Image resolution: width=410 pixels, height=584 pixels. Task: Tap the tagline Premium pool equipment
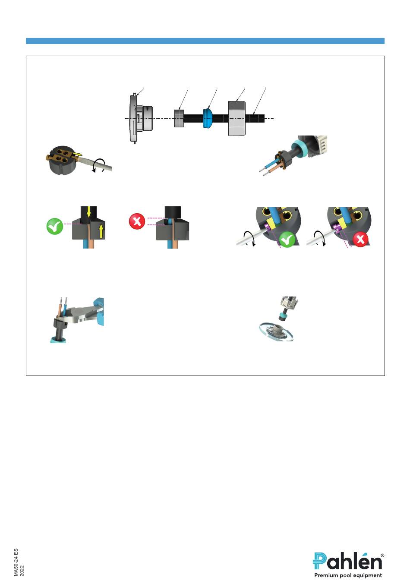348,575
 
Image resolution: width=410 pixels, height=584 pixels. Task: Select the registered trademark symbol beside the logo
382,556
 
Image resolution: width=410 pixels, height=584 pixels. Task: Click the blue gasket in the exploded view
207,118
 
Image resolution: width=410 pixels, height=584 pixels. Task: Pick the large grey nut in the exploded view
237,118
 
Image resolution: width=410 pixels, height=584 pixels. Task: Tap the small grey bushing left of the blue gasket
179,118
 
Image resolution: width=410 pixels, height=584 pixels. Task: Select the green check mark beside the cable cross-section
55,226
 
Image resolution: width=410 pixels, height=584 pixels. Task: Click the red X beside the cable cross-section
137,221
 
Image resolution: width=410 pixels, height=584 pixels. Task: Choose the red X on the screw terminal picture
360,239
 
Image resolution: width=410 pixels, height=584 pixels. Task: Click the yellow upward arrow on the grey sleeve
101,231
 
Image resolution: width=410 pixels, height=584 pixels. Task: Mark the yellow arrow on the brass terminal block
77,155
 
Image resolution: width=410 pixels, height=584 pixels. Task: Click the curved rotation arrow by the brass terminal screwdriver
99,166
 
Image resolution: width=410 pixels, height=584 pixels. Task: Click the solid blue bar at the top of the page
205,41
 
